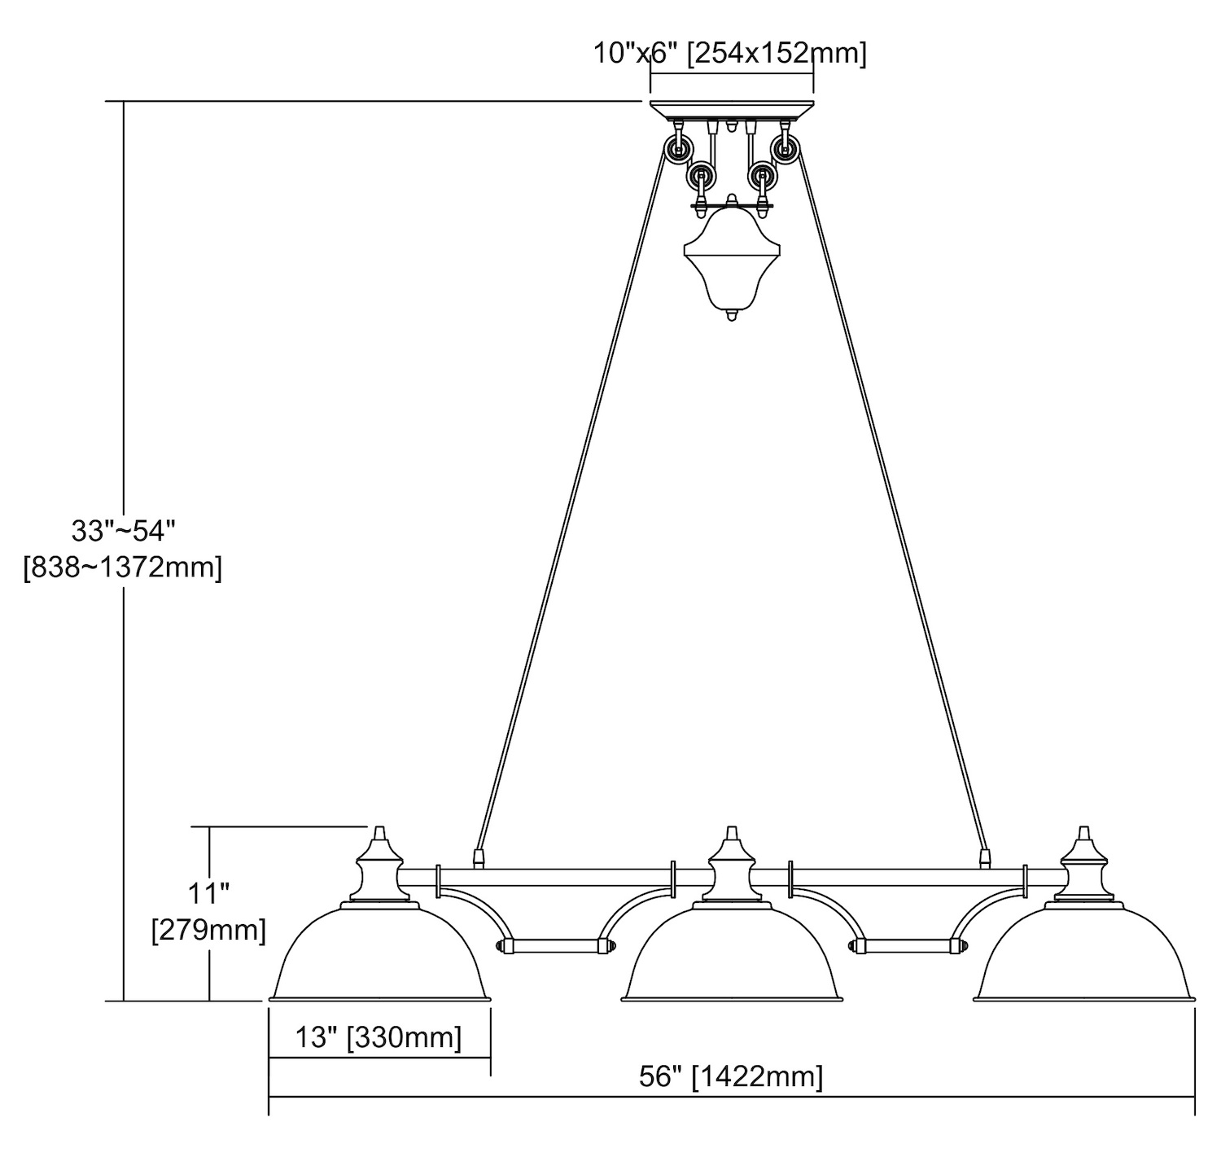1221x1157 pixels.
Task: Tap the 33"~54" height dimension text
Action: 124,531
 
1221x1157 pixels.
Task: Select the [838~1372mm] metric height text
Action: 123,568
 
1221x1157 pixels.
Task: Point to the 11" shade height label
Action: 209,893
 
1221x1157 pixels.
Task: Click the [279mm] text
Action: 209,929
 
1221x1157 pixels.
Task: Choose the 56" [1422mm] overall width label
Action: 730,1077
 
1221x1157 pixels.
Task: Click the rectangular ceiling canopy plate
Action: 731,109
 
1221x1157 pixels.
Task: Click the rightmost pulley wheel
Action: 786,149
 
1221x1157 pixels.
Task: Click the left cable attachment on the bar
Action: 479,857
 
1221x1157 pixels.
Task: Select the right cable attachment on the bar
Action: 985,857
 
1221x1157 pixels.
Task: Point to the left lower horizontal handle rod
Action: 555,946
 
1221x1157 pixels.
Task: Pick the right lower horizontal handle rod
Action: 908,946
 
